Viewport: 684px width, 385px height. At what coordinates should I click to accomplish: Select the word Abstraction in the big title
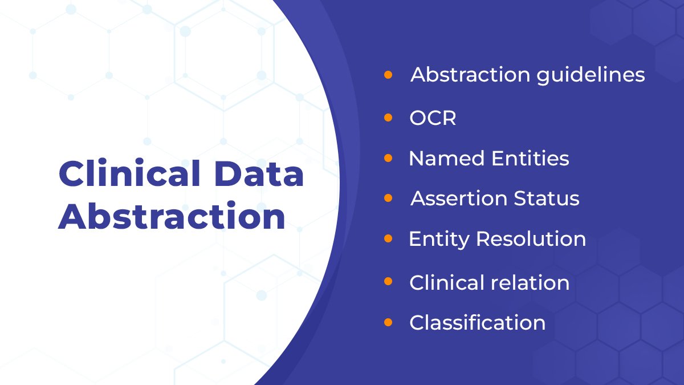tap(172, 217)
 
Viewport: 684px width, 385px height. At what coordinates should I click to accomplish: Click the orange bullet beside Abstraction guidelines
tap(388, 74)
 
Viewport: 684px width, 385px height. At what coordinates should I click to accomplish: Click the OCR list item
tap(433, 118)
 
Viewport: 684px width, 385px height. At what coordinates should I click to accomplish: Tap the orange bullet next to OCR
tap(388, 117)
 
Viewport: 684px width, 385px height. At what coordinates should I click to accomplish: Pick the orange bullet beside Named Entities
tap(388, 157)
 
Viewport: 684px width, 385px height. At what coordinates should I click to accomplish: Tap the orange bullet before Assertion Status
tap(388, 198)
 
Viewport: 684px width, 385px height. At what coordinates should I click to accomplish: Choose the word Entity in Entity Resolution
tap(439, 238)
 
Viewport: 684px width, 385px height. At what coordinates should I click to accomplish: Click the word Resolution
tap(531, 238)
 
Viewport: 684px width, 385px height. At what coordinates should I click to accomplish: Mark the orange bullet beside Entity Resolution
tap(388, 238)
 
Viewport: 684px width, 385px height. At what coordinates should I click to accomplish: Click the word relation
tap(532, 282)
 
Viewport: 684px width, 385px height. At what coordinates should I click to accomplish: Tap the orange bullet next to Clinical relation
tap(388, 282)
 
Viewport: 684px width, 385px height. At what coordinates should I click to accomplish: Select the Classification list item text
tap(477, 322)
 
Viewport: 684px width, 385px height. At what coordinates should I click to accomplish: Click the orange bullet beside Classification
tap(388, 322)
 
